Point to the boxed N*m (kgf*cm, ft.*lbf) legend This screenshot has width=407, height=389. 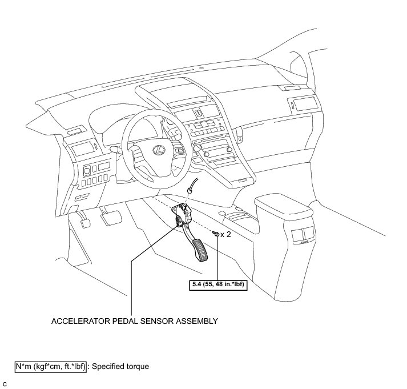[x=51, y=366]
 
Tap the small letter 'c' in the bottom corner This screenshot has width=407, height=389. [x=5, y=382]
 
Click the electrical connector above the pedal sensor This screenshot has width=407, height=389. [x=190, y=191]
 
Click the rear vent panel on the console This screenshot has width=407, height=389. [x=301, y=235]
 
